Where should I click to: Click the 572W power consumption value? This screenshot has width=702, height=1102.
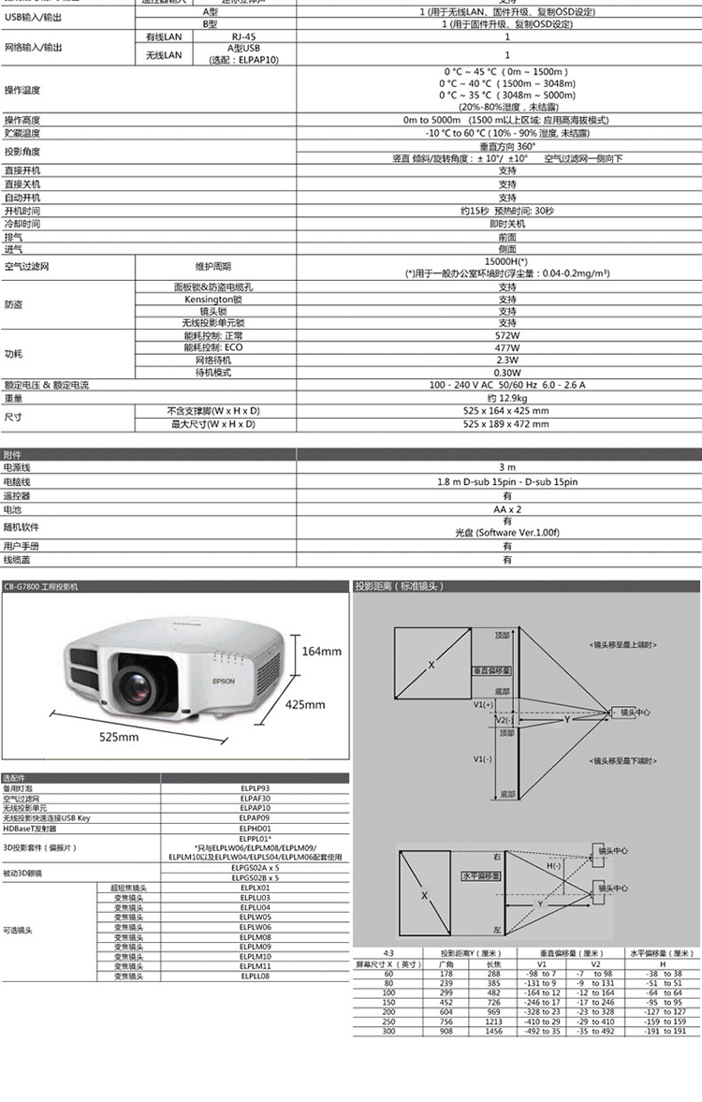tap(506, 335)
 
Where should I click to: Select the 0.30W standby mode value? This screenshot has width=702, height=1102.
tap(506, 373)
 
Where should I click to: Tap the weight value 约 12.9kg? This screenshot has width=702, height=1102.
tap(506, 398)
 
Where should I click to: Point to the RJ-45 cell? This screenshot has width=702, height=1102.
tap(243, 37)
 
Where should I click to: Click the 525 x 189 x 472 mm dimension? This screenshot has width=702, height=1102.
tap(506, 424)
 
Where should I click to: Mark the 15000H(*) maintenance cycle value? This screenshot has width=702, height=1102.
tap(506, 261)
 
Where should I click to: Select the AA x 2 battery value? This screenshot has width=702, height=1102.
tap(506, 508)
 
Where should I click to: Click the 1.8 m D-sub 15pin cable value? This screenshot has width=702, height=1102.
tap(506, 481)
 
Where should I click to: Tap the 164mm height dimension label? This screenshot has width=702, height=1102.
tap(321, 651)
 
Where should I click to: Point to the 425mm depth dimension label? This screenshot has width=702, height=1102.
tap(305, 704)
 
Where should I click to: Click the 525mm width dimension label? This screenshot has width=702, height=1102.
tap(120, 738)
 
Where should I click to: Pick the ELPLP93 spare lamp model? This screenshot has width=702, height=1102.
tap(255, 788)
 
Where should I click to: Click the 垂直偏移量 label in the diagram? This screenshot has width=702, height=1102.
tap(490, 670)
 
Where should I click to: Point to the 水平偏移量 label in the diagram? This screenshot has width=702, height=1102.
tap(480, 876)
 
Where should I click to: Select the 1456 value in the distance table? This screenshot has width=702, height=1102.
tap(493, 1030)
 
